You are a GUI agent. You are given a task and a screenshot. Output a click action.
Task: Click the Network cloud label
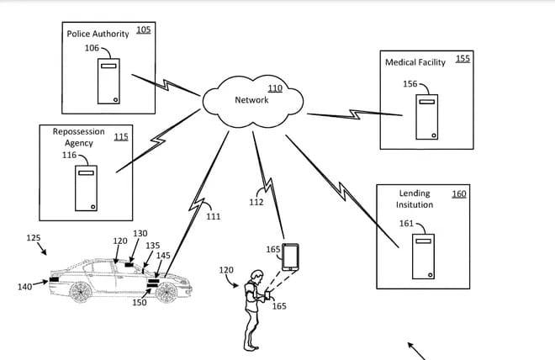tap(251, 100)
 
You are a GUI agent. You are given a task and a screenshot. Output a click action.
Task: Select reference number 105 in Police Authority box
tap(143, 29)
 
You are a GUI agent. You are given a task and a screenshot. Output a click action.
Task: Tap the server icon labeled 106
tap(108, 81)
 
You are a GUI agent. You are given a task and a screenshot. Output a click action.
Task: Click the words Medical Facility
tap(415, 62)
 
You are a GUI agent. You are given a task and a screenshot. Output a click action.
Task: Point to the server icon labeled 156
tap(427, 117)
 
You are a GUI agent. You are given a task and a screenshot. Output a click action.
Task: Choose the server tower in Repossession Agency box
tap(86, 188)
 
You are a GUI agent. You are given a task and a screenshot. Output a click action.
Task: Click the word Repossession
tap(78, 132)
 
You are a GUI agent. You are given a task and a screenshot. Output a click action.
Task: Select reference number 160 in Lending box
tap(459, 194)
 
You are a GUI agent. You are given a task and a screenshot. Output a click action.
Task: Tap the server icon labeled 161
tap(423, 257)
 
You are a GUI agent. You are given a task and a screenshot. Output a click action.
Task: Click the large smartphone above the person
tap(290, 257)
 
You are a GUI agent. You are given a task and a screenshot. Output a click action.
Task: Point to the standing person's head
tap(256, 276)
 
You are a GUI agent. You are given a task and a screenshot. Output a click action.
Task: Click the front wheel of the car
tap(166, 293)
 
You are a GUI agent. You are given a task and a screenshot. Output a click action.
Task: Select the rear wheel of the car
tap(81, 292)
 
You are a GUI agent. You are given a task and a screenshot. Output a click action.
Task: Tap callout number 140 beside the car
tap(24, 287)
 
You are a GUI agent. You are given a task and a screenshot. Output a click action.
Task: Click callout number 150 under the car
tap(140, 302)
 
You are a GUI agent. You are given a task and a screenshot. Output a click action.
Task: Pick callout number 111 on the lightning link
tap(214, 216)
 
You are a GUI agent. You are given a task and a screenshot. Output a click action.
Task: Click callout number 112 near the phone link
tap(256, 202)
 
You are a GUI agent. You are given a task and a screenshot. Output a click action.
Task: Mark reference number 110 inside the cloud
tap(275, 88)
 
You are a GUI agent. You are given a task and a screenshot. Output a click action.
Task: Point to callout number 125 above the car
tap(34, 238)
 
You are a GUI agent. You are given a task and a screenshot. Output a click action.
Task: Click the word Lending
tap(415, 193)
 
